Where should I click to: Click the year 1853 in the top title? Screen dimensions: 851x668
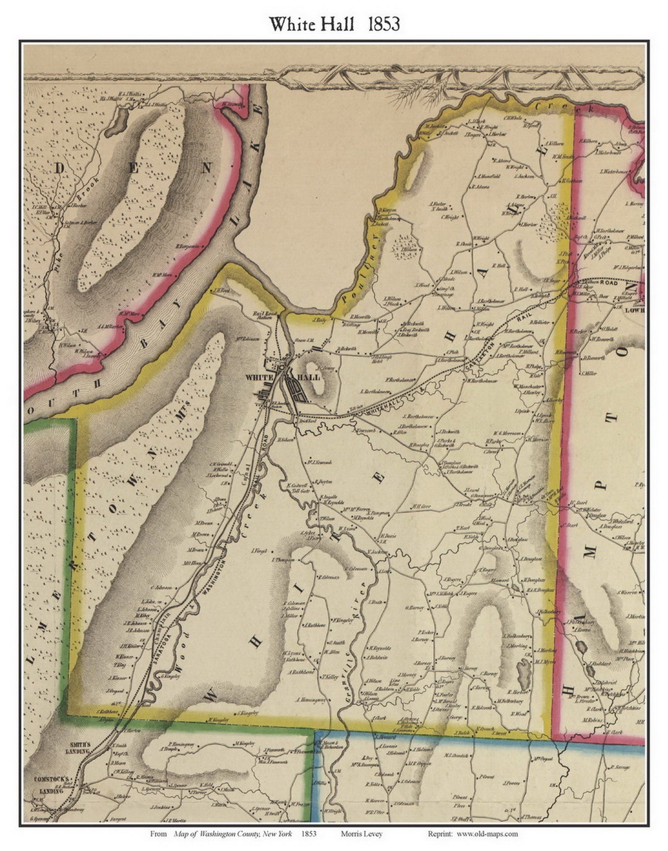coord(383,24)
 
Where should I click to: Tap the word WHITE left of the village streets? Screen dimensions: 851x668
coord(256,377)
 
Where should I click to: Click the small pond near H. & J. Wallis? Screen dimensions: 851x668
coord(114,123)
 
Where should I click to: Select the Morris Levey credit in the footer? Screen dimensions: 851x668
coord(361,834)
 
